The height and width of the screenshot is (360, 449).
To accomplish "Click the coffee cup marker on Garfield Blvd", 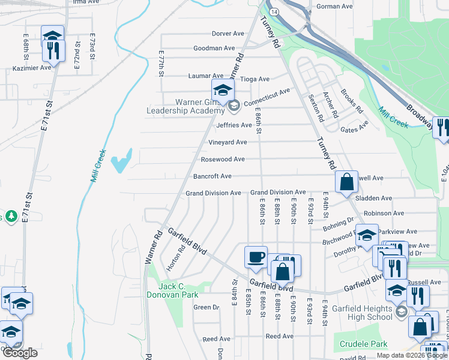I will pos(256,257).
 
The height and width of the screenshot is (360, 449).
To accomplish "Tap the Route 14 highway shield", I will pos(273,11).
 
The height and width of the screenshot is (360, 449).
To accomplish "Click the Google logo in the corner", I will pos(20,353).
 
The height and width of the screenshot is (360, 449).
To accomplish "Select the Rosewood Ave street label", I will pos(223,159).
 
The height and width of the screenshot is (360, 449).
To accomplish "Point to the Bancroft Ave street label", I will pos(212,176).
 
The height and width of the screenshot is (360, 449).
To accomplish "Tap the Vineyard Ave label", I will pos(228,142).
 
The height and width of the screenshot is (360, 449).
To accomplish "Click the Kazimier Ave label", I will pos(32,68).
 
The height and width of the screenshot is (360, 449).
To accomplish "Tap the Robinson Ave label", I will pos(384,213).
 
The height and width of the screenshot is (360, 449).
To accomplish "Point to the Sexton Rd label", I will pos(316,108).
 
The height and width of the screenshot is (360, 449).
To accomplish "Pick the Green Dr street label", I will pos(206,307).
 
